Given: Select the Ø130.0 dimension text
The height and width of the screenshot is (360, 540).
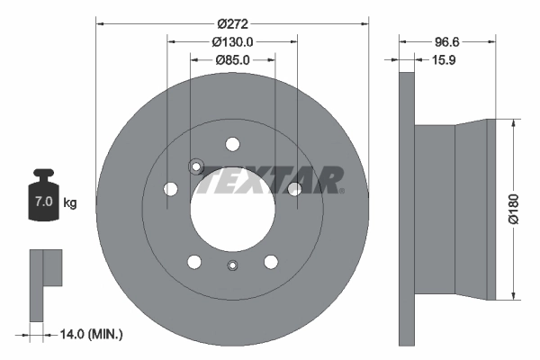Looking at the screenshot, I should (x=232, y=41).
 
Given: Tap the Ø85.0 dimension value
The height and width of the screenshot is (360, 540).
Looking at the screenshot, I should (x=232, y=60).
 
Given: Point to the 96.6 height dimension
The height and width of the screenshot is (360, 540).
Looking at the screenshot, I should (x=447, y=41).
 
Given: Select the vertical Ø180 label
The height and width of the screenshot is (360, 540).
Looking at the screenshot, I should (x=514, y=208).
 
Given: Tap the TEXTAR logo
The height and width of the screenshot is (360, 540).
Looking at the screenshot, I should (x=271, y=179).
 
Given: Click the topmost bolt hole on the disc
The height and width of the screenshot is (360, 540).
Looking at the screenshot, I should (x=233, y=144).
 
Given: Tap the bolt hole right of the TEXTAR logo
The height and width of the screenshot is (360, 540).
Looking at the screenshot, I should (x=294, y=188).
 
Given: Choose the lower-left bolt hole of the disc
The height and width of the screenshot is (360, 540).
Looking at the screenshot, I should (x=194, y=261).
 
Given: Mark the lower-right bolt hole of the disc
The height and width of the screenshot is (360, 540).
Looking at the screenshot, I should (x=271, y=261).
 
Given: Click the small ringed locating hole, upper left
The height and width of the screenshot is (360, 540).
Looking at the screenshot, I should (x=195, y=166).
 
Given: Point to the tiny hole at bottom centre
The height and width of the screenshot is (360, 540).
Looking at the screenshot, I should (x=233, y=265).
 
